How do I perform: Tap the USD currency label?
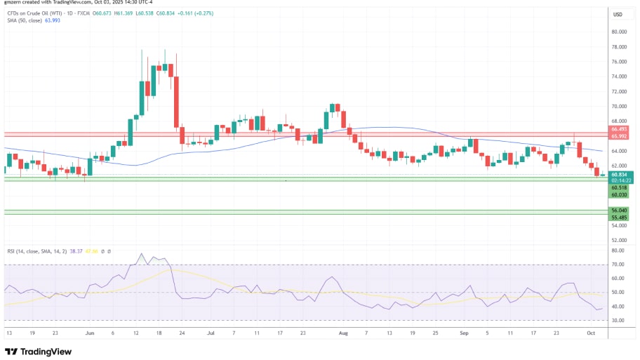(618, 14)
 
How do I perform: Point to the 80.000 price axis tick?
(618, 32)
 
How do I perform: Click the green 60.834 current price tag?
(618, 174)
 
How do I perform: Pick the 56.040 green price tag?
(618, 210)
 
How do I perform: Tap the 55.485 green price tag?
(618, 217)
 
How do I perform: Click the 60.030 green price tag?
(618, 195)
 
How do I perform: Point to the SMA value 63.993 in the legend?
(53, 21)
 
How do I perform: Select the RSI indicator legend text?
(28, 251)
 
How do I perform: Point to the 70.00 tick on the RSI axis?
(618, 265)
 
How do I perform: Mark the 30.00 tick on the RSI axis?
(618, 320)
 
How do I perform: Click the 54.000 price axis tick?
(618, 225)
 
